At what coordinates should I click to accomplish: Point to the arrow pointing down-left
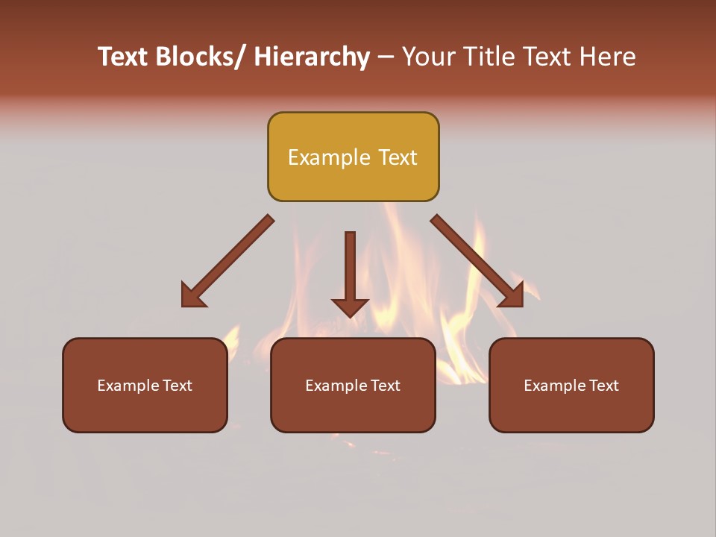pyautogui.click(x=227, y=261)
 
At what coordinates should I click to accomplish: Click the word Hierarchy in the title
pyautogui.click(x=312, y=57)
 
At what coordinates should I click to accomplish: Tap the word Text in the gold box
pyautogui.click(x=398, y=157)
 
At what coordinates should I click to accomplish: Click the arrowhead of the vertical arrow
pyautogui.click(x=350, y=307)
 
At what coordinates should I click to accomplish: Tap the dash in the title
pyautogui.click(x=386, y=57)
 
